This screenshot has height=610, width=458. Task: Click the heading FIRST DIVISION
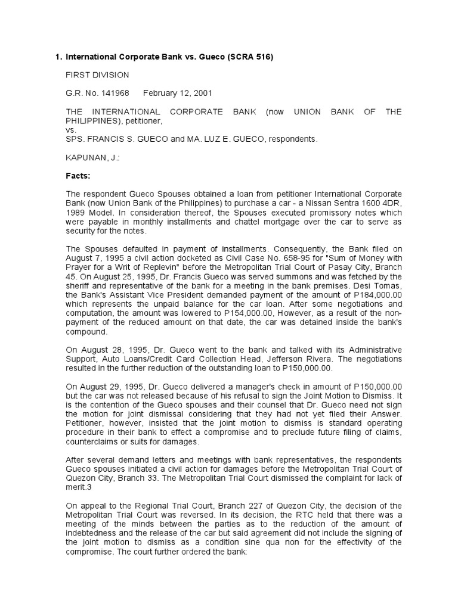(x=96, y=75)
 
